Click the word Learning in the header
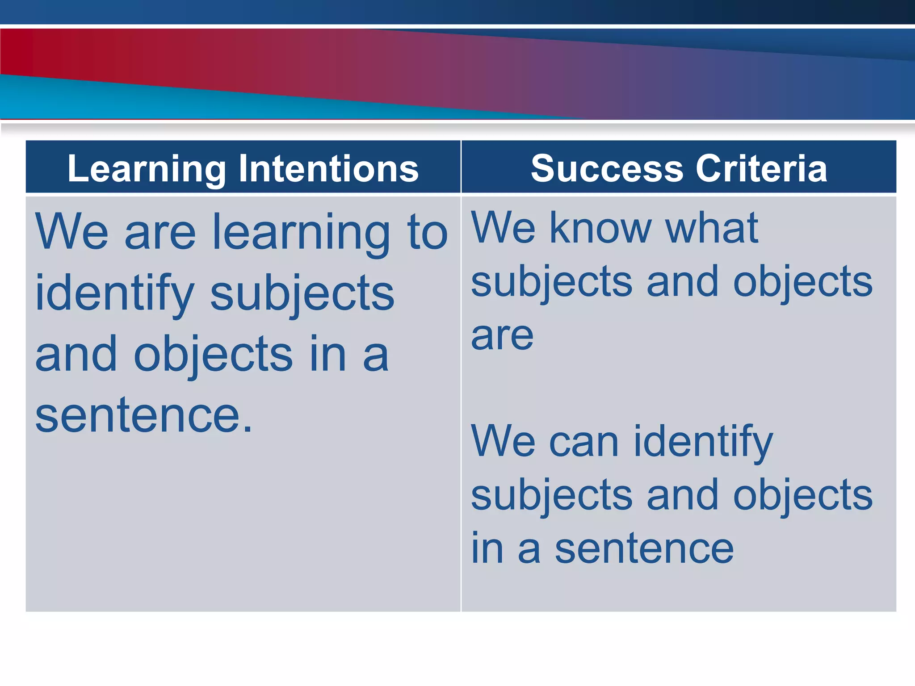coord(147,169)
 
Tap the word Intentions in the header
coord(329,169)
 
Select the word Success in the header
coord(607,169)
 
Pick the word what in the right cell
coord(711,228)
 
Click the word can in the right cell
coord(583,442)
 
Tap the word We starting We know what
coord(503,228)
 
